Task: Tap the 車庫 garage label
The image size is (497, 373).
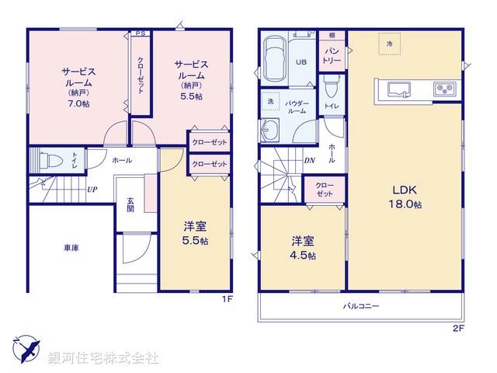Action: click(71, 248)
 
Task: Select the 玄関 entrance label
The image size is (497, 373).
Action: click(131, 204)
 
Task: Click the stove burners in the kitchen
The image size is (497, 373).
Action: click(445, 88)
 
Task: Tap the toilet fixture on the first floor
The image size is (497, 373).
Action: click(52, 161)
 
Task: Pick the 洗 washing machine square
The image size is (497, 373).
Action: click(271, 102)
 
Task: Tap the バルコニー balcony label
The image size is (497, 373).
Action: click(361, 306)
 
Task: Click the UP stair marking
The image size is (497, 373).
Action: click(92, 190)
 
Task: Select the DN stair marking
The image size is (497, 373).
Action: click(309, 161)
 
